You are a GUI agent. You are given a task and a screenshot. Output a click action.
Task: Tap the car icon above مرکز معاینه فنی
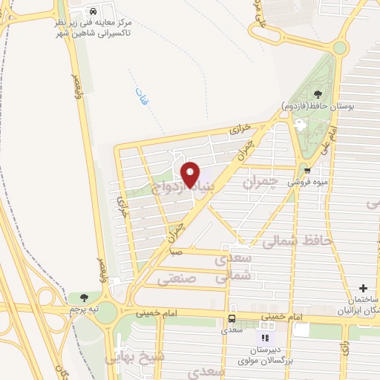point(94,12)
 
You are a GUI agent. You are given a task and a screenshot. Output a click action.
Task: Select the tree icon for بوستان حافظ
point(318,94)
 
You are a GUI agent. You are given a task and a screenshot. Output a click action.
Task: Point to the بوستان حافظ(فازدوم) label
point(318,106)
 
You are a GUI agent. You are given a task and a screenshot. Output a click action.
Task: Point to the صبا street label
point(176,253)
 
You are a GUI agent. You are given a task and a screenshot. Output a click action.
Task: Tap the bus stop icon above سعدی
point(233,319)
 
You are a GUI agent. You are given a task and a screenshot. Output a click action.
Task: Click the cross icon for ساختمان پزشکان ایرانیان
point(362,287)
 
